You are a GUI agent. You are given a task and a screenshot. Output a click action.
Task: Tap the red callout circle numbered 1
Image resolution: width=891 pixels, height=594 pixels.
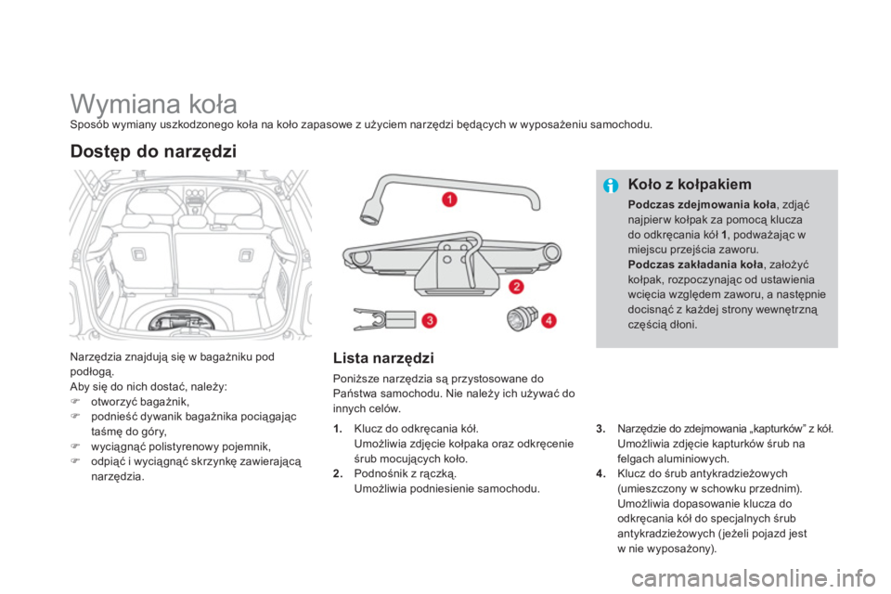click(x=449, y=200)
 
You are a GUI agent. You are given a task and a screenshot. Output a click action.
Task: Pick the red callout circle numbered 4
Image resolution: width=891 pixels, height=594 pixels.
click(x=549, y=320)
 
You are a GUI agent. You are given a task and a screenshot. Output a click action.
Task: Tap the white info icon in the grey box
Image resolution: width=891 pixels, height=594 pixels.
click(x=610, y=186)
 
